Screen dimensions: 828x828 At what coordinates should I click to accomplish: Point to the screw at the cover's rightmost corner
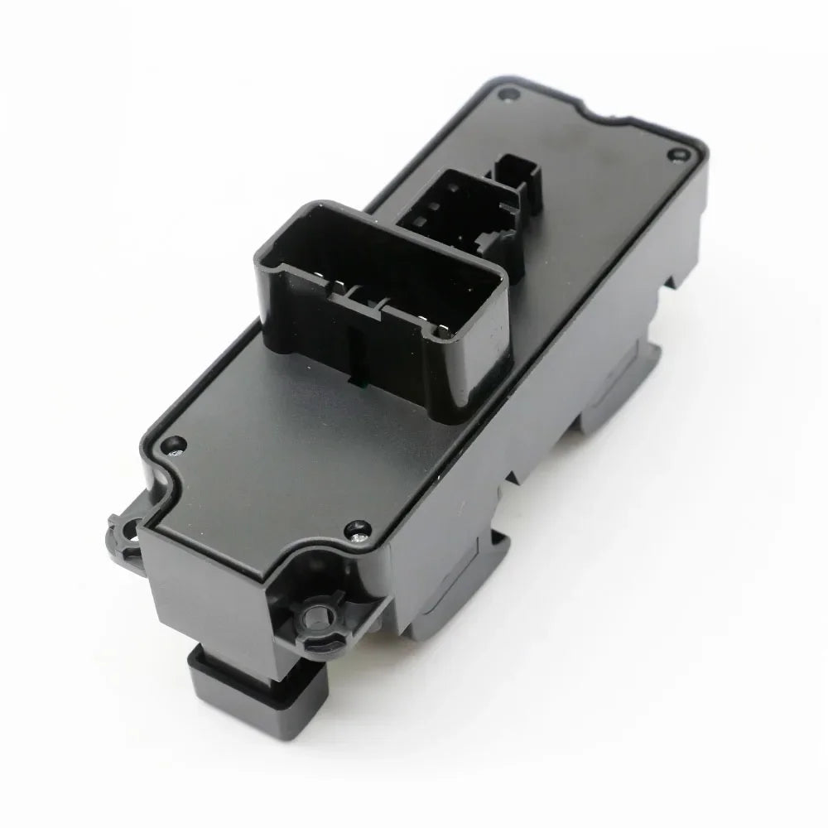click(x=679, y=153)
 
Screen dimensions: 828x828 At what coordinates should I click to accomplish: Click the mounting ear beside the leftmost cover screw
click(x=123, y=530)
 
